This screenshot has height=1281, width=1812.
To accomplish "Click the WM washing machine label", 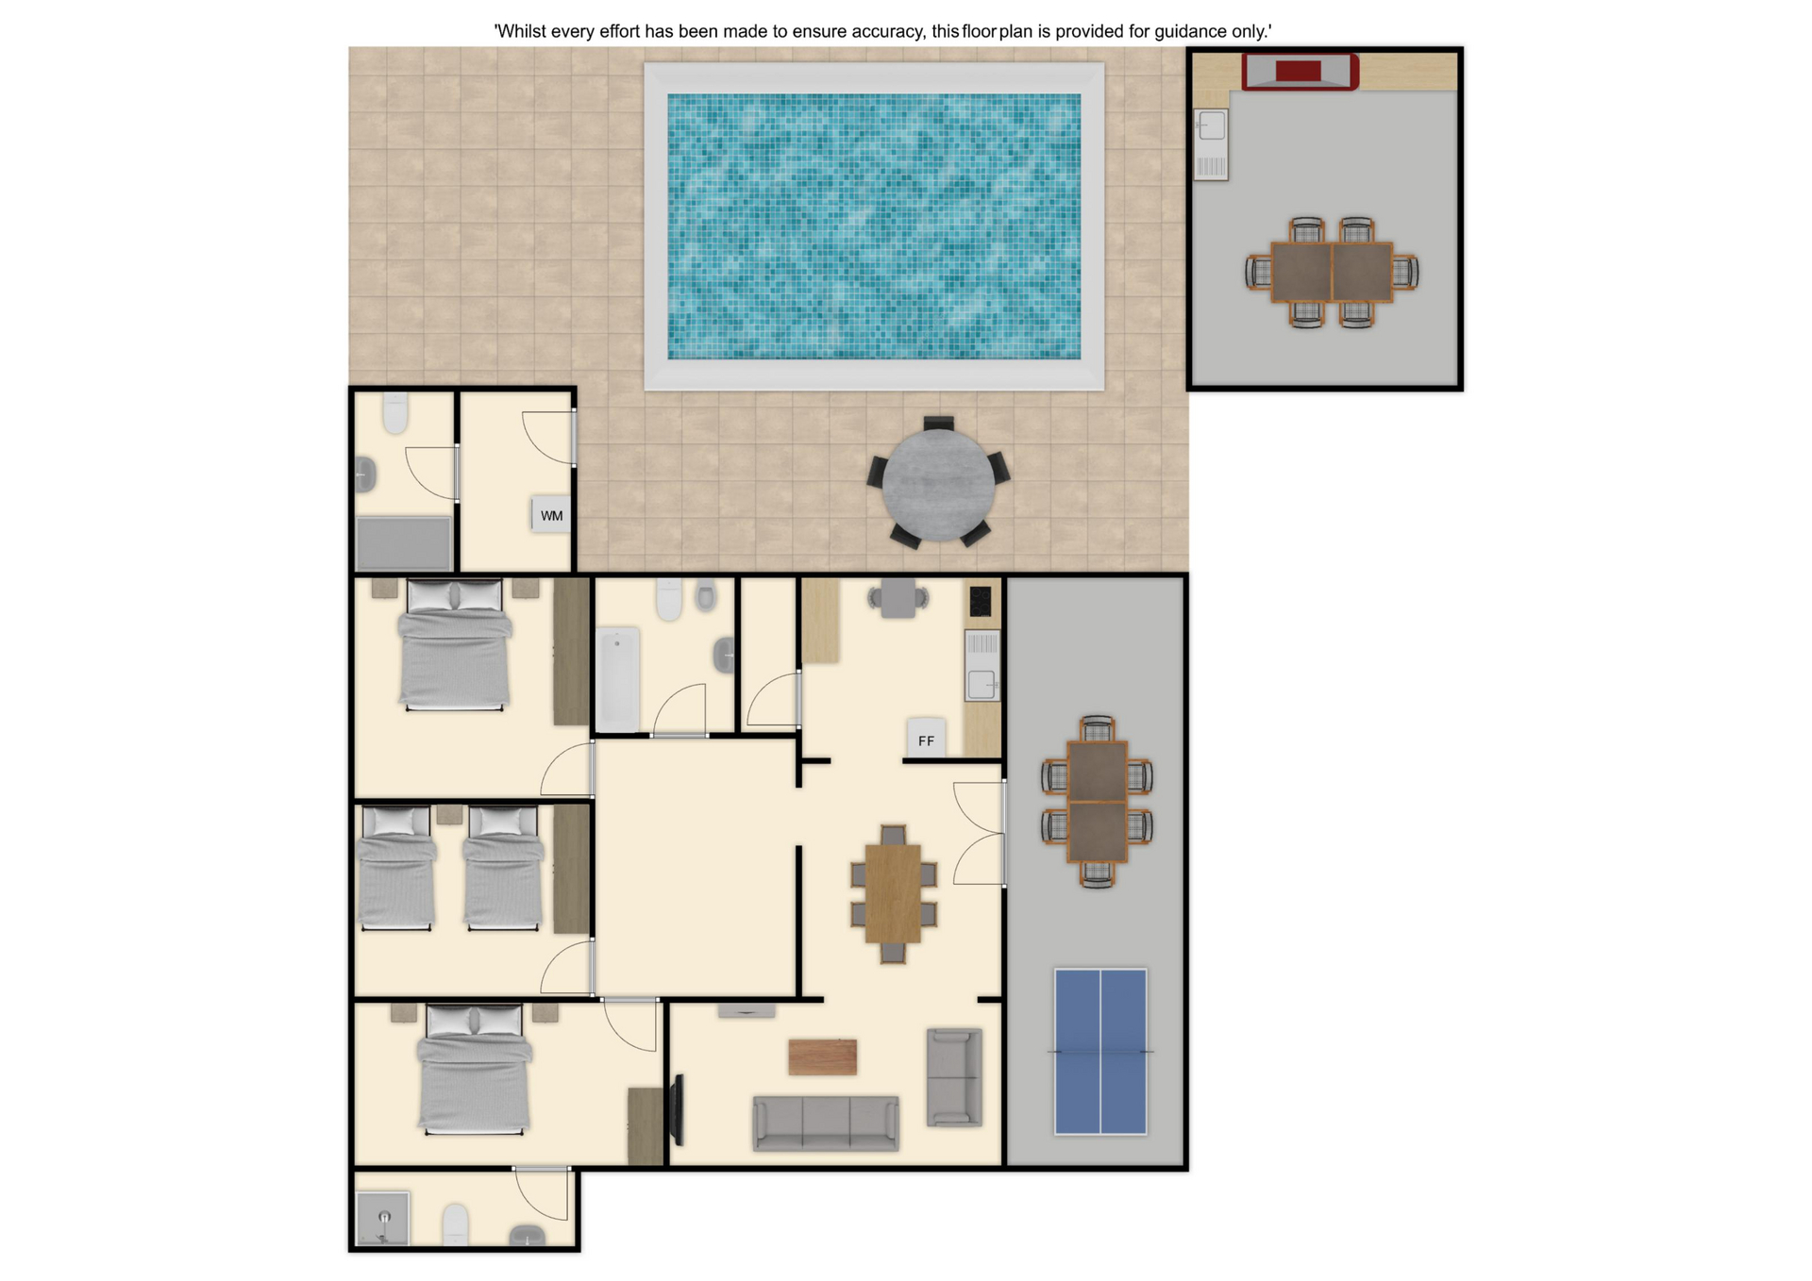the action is point(552,516).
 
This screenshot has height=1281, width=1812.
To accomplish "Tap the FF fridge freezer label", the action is point(926,741).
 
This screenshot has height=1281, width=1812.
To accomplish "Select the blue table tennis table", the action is point(1100,1052).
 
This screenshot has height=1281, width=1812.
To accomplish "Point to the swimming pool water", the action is point(874,226).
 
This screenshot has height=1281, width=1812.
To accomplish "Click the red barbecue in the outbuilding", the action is point(1300,72).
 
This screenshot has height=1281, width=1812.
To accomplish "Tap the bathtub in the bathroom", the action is point(618,680).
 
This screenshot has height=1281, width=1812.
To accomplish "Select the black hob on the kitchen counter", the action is point(981,601).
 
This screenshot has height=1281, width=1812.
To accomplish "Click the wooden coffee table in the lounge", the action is point(823,1057).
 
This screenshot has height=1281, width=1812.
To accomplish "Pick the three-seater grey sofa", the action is point(826,1123).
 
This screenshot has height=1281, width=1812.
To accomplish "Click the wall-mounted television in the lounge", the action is point(677,1110).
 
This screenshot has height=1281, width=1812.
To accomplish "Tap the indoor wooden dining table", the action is point(893,893).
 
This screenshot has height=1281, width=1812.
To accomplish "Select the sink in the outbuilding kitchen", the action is point(1212,144).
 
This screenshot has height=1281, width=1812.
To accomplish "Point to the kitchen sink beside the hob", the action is point(982,666).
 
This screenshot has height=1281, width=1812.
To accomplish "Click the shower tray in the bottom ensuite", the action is point(383,1219).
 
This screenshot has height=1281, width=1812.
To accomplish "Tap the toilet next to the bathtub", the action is point(669,599).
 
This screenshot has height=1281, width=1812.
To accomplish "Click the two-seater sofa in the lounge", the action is point(954,1077).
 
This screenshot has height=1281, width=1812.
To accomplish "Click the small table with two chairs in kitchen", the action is point(898,598).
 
